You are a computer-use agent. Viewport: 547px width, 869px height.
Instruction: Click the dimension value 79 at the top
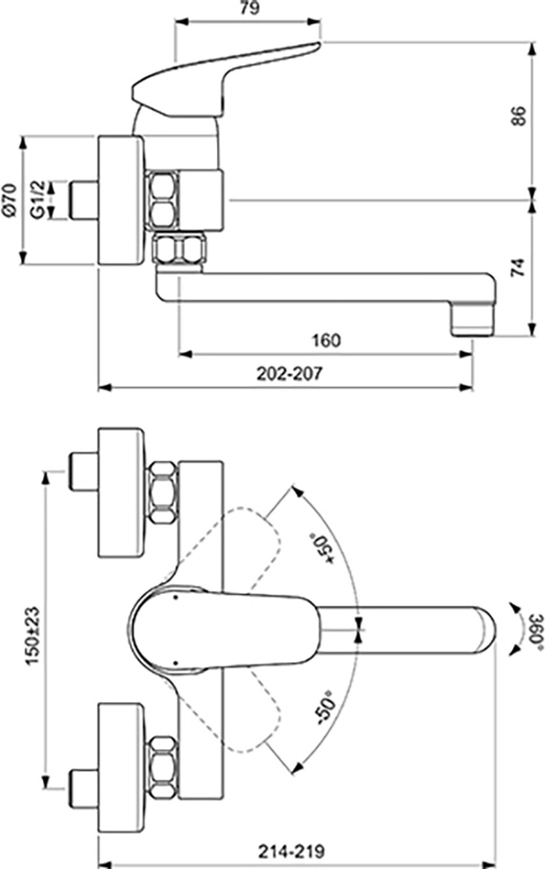point(249,8)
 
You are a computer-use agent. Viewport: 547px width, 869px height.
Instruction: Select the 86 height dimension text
point(519,116)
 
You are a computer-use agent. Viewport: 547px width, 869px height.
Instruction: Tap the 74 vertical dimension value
point(519,267)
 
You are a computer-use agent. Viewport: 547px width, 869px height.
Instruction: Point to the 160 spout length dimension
point(326,340)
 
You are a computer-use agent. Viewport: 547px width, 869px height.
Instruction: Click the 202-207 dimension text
point(290,374)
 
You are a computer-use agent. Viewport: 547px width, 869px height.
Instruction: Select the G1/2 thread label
point(38,200)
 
